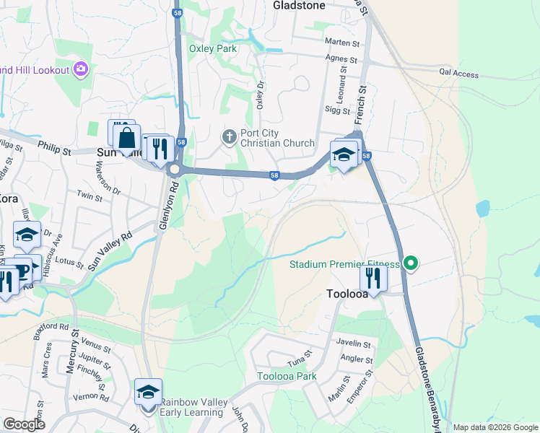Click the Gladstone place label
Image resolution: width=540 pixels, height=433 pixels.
click(299, 4)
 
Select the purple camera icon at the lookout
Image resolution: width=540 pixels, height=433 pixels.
click(81, 69)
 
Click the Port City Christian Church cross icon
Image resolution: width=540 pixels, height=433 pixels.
click(230, 136)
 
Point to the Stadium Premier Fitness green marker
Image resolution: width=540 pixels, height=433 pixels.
click(411, 264)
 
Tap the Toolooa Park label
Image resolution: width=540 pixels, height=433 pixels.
click(287, 376)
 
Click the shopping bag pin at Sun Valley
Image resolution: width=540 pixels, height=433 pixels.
click(126, 137)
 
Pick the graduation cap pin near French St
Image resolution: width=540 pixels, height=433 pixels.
click(344, 154)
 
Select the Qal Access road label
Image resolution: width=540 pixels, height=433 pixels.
click(459, 74)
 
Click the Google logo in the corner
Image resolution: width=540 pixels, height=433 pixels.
click(24, 424)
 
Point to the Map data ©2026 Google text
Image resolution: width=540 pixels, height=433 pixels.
click(495, 427)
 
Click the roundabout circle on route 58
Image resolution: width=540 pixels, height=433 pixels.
click(174, 170)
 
